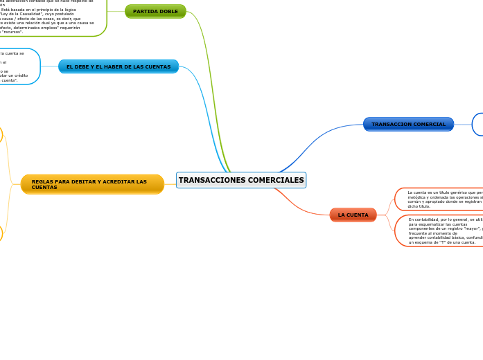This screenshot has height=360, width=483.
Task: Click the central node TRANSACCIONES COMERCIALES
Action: click(241, 180)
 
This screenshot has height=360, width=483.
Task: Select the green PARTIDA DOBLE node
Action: click(155, 12)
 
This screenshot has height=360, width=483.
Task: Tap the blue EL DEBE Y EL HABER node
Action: click(118, 66)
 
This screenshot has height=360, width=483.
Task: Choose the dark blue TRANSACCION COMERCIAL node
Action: click(408, 124)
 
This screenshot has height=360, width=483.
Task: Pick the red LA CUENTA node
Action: click(353, 215)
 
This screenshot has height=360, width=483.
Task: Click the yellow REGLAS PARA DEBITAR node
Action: click(92, 184)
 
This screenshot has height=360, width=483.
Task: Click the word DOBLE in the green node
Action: click(168, 12)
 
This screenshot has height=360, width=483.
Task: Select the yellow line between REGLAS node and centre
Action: click(170, 183)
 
